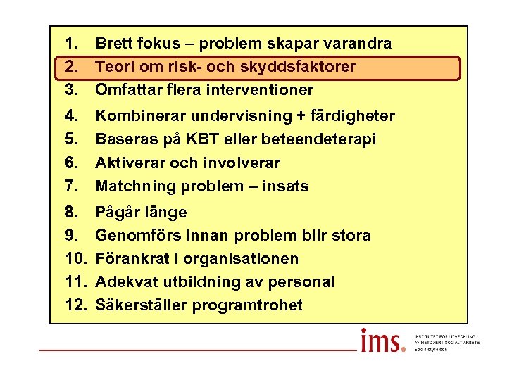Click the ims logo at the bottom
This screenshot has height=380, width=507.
[382, 342]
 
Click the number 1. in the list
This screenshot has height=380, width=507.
[70, 44]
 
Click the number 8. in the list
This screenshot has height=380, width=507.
[70, 213]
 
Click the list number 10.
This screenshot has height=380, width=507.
[75, 259]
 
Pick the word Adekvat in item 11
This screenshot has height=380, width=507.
[126, 282]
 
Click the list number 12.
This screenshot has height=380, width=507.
[75, 305]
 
